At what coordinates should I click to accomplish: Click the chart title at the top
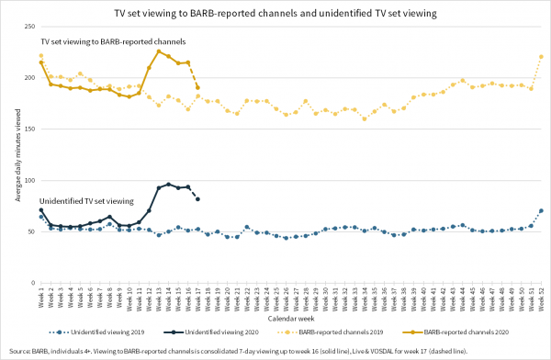[275, 13]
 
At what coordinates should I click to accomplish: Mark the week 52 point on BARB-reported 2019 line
[541, 57]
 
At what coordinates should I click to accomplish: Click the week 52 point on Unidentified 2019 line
[541, 211]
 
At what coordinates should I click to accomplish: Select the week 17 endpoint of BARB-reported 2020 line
[197, 87]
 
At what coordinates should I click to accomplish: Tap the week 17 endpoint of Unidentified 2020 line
[197, 199]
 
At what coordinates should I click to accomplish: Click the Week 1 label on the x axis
[41, 298]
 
